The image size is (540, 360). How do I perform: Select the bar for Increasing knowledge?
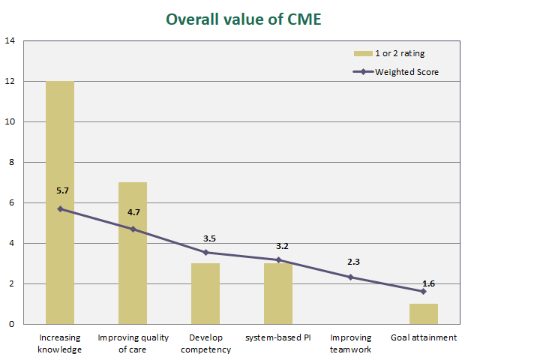[x=60, y=202]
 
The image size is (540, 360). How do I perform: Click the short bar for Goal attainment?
[x=424, y=314]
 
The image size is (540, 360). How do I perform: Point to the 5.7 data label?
[x=62, y=191]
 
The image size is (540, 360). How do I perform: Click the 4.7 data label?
[x=134, y=212]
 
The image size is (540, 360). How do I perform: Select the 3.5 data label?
[x=209, y=238]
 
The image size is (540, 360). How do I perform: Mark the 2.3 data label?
[x=354, y=262]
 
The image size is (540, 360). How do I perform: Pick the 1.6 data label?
[x=429, y=283]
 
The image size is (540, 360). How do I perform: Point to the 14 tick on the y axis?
[x=10, y=40]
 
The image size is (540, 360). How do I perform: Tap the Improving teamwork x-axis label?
[x=351, y=343]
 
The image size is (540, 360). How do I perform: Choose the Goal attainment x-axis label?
[x=424, y=337]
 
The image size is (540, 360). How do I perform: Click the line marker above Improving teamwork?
[x=351, y=277]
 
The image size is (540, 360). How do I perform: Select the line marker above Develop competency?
[x=205, y=253]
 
